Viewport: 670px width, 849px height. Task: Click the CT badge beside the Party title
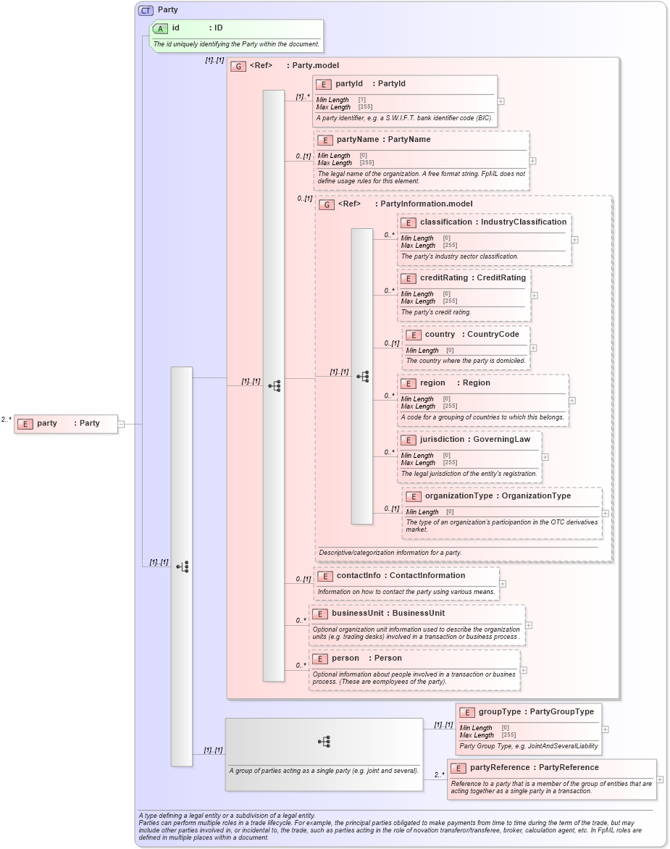click(146, 10)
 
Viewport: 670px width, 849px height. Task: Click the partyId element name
click(349, 84)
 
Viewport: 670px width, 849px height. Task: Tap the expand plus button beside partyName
click(533, 162)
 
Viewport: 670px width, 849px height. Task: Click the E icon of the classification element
click(408, 222)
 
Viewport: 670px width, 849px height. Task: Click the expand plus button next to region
click(572, 400)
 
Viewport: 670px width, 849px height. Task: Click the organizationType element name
click(458, 496)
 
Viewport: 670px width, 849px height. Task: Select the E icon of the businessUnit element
click(319, 614)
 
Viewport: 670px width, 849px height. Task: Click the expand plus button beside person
click(523, 671)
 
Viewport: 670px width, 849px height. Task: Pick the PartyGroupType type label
click(561, 712)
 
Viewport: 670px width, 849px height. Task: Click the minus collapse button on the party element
click(121, 424)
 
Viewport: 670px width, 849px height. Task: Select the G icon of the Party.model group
click(238, 66)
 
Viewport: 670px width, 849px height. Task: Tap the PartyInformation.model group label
click(426, 204)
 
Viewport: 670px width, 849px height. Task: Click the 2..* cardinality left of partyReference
click(439, 774)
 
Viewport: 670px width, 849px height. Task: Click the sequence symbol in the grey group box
click(324, 741)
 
